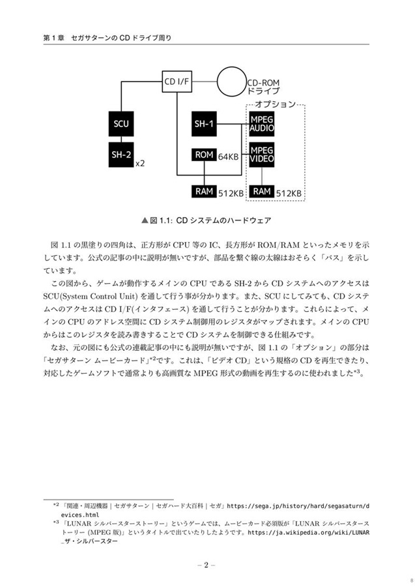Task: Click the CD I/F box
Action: click(177, 82)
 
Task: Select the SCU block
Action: click(121, 123)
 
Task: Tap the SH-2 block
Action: click(121, 155)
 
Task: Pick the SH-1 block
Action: click(204, 123)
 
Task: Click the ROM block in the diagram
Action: click(204, 155)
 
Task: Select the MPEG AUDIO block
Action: click(262, 123)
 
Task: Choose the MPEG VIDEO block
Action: click(262, 155)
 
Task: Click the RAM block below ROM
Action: click(204, 191)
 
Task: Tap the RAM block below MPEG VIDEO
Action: click(262, 191)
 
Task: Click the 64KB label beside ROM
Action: click(229, 157)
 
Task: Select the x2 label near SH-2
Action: click(140, 164)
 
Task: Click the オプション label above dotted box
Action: click(275, 104)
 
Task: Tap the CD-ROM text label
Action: click(263, 82)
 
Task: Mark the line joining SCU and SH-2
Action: click(121, 140)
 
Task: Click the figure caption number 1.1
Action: click(165, 220)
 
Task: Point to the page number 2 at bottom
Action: click(206, 565)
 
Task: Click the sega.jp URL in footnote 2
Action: click(298, 511)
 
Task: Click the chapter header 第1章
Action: click(54, 37)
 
